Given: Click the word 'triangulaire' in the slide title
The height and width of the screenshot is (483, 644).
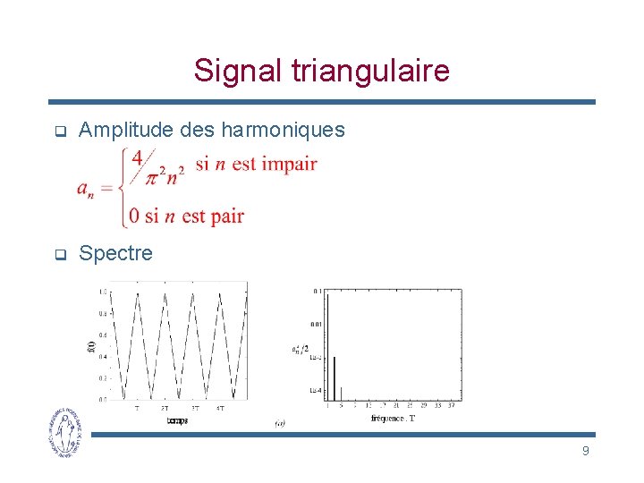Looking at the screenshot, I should (369, 71).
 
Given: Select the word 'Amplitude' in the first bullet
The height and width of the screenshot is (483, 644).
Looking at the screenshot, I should (126, 131).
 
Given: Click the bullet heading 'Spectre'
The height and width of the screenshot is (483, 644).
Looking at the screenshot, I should (115, 253).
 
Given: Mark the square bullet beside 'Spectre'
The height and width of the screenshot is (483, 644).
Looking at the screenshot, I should (59, 254).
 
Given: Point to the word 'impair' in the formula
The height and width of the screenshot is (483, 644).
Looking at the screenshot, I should (287, 164).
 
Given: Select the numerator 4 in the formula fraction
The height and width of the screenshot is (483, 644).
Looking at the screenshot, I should (137, 157).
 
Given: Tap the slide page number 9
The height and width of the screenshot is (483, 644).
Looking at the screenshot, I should (585, 451).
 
